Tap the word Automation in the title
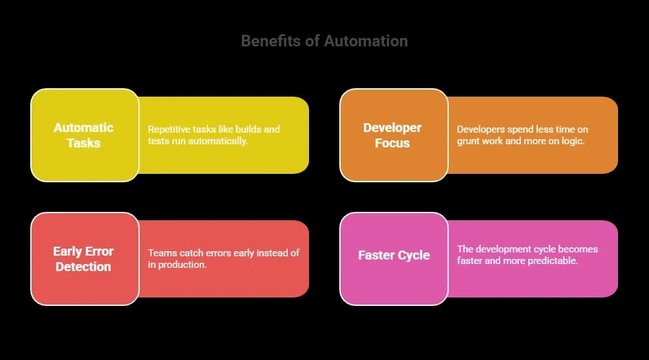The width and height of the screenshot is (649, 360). [366, 41]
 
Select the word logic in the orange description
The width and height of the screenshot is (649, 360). [572, 140]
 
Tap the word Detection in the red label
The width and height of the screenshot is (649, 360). [83, 267]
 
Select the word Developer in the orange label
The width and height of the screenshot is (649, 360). [392, 128]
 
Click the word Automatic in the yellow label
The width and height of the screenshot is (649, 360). [83, 128]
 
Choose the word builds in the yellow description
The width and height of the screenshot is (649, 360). [243, 129]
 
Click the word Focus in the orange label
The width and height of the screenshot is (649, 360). [392, 143]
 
